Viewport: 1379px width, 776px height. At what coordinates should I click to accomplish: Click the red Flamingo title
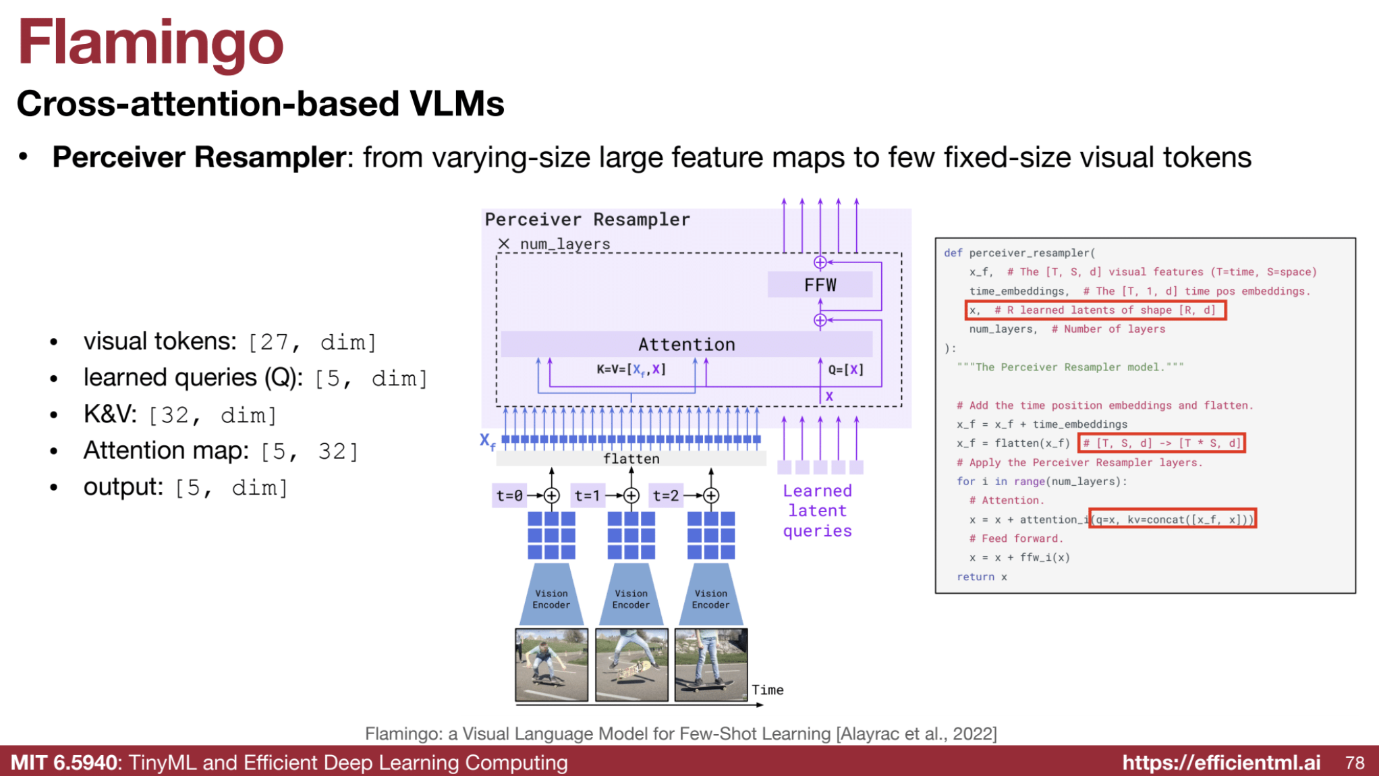[150, 43]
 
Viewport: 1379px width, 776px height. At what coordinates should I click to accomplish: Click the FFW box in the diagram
[820, 285]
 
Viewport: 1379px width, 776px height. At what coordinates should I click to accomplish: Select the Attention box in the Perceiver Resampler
[686, 344]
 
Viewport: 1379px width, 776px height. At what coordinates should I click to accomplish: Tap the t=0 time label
[509, 496]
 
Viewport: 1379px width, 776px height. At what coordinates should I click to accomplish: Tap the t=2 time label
[665, 496]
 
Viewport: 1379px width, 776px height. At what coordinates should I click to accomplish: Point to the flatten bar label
[631, 459]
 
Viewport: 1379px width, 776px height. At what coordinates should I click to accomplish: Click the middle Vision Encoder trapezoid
[631, 597]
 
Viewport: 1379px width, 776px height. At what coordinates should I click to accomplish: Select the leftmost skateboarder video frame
[551, 665]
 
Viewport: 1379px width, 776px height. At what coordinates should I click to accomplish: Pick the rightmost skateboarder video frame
[711, 665]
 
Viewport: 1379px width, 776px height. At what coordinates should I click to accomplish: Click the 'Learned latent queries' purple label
[817, 511]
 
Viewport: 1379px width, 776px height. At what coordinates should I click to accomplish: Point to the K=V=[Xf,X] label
[631, 370]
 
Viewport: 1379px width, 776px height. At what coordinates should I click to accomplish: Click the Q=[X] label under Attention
[845, 370]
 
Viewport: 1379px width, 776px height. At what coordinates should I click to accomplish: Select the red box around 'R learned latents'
[1095, 310]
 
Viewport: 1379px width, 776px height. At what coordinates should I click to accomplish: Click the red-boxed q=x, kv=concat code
[1173, 519]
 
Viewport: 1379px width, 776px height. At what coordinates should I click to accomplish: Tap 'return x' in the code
[982, 577]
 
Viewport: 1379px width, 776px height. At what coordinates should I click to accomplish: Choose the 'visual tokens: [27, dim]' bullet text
[229, 342]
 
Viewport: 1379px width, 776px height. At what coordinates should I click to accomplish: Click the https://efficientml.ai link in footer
[1221, 763]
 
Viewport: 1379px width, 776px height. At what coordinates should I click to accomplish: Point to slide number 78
[1355, 763]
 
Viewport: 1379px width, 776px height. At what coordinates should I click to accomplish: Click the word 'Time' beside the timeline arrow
[768, 690]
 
